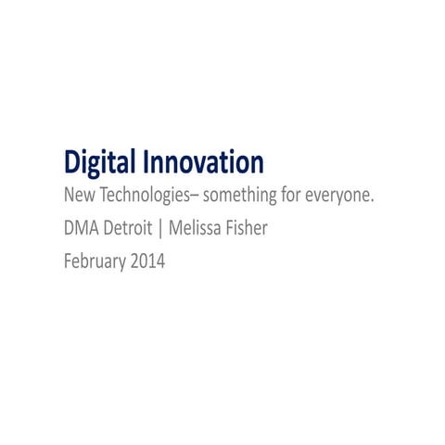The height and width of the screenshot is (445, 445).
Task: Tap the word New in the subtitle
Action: pyautogui.click(x=78, y=197)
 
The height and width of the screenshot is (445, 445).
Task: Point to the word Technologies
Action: pyautogui.click(x=141, y=197)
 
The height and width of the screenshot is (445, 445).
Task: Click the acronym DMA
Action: pyautogui.click(x=82, y=229)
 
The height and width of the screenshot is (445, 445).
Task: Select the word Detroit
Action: pyautogui.click(x=133, y=229)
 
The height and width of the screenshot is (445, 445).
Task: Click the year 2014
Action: pyautogui.click(x=147, y=261)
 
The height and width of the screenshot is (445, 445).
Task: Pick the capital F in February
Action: pyautogui.click(x=68, y=261)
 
